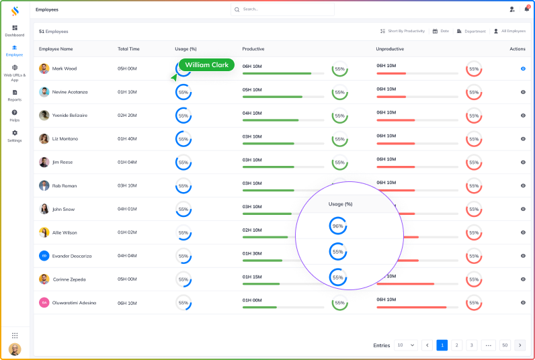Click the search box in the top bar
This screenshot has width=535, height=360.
pyautogui.click(x=282, y=9)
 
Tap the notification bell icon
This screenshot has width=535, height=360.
pyautogui.click(x=526, y=9)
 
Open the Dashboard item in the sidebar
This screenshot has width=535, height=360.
pyautogui.click(x=15, y=31)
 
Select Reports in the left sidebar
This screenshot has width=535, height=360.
pyautogui.click(x=15, y=95)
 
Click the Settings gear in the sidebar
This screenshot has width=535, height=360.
pyautogui.click(x=15, y=136)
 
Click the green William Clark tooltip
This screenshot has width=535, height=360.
pyautogui.click(x=207, y=65)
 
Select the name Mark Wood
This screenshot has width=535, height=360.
pyautogui.click(x=65, y=69)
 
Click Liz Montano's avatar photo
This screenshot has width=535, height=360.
pyautogui.click(x=44, y=139)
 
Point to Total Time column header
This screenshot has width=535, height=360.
pyautogui.click(x=128, y=49)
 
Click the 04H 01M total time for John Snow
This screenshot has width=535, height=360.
pyautogui.click(x=127, y=210)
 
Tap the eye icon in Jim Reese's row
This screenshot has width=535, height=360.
pyautogui.click(x=523, y=163)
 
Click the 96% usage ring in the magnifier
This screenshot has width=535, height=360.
pyautogui.click(x=338, y=226)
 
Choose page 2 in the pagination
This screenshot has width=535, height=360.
pyautogui.click(x=457, y=345)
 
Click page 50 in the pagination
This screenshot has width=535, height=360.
pyautogui.click(x=505, y=345)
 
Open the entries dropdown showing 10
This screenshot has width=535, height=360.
pyautogui.click(x=406, y=345)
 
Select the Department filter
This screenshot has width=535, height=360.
pyautogui.click(x=471, y=31)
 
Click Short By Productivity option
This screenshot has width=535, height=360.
pyautogui.click(x=403, y=31)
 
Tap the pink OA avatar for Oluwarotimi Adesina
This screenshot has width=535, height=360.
pyautogui.click(x=44, y=303)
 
